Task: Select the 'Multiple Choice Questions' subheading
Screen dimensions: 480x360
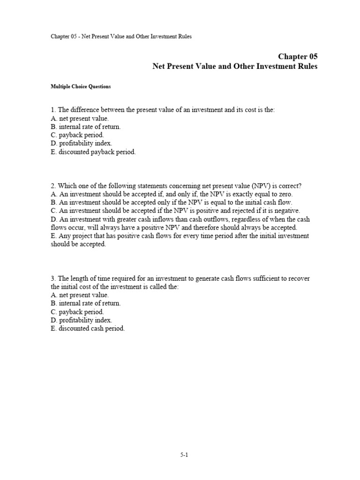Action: pos(81,87)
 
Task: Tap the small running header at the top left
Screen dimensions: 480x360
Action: pos(121,37)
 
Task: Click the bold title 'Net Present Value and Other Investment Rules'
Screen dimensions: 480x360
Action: pos(235,67)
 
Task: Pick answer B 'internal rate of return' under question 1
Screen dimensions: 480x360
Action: pos(86,127)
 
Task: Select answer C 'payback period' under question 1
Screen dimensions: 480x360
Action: pos(77,135)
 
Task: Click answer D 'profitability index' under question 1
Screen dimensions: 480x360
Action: pos(82,143)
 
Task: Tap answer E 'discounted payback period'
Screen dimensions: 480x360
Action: pos(93,152)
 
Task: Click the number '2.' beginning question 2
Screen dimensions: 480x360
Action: pos(53,186)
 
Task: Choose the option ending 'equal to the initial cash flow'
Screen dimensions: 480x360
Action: pos(171,202)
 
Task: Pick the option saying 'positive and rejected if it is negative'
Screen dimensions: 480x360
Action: pos(175,211)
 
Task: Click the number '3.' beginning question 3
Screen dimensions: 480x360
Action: pos(53,278)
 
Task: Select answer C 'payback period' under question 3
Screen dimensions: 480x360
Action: pos(77,312)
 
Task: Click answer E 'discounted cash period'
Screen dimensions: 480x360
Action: pos(88,329)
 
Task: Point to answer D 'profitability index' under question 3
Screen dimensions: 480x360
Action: pos(82,321)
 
